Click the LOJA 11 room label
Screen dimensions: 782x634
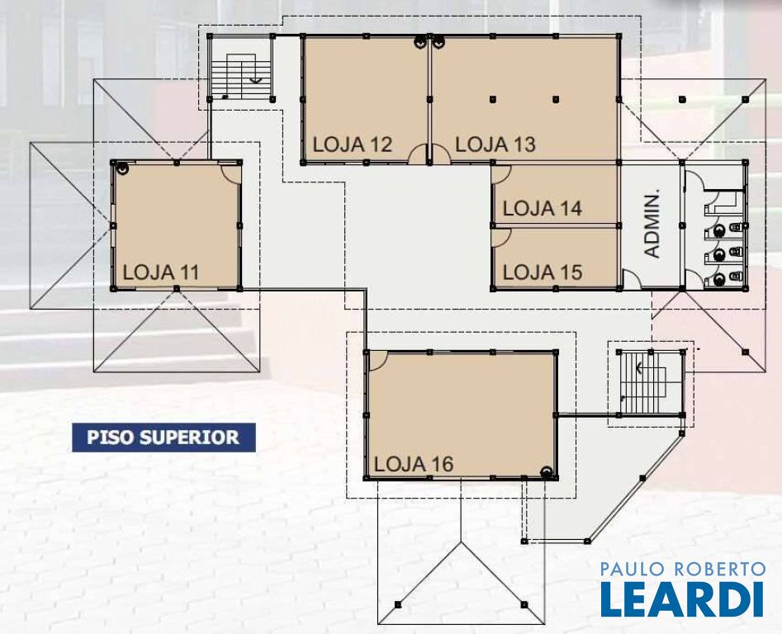[x=160, y=272]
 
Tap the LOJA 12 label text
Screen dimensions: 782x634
[x=353, y=144]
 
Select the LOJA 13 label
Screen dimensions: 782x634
[x=495, y=144]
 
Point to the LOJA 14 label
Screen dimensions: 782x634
[x=542, y=208]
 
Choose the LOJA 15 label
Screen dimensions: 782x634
[x=542, y=272]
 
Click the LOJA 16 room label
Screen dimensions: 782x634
[x=414, y=465]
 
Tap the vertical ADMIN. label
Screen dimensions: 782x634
[x=652, y=223]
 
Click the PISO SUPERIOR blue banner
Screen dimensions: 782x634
[x=164, y=438]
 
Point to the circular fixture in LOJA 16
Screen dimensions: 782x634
[x=547, y=472]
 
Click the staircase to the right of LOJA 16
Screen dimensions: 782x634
[x=651, y=383]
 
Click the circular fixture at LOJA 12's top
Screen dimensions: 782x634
[x=420, y=42]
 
